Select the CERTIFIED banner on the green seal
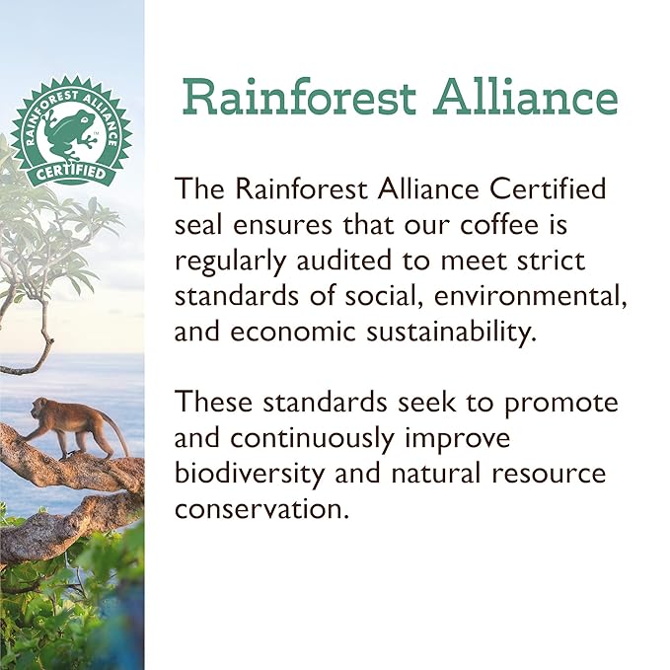tap(70, 170)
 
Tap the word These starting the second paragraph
tap(211, 403)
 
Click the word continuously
tap(340, 438)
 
